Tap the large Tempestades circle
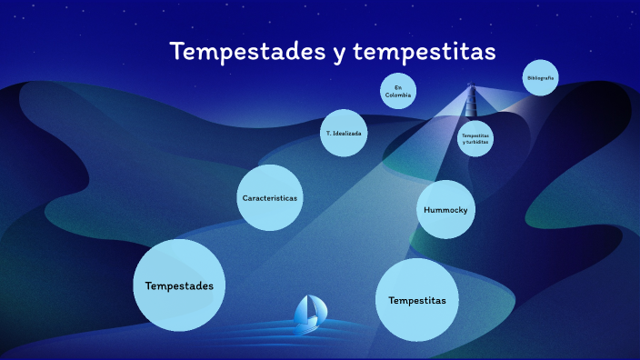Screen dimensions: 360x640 (179, 285)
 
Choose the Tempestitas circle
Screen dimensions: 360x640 (416, 299)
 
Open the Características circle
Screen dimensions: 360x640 (270, 197)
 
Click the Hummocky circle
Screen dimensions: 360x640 (447, 209)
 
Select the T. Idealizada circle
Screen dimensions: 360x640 (344, 133)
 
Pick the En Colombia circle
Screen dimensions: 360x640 (398, 90)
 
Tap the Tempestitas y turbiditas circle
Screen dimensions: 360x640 (475, 138)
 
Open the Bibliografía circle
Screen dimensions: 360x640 (540, 78)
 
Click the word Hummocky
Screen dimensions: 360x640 (447, 210)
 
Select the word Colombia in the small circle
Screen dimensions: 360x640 (398, 95)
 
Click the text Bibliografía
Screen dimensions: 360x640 (540, 78)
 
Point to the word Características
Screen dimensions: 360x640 (270, 197)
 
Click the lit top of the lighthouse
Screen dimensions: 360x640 (471, 88)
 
